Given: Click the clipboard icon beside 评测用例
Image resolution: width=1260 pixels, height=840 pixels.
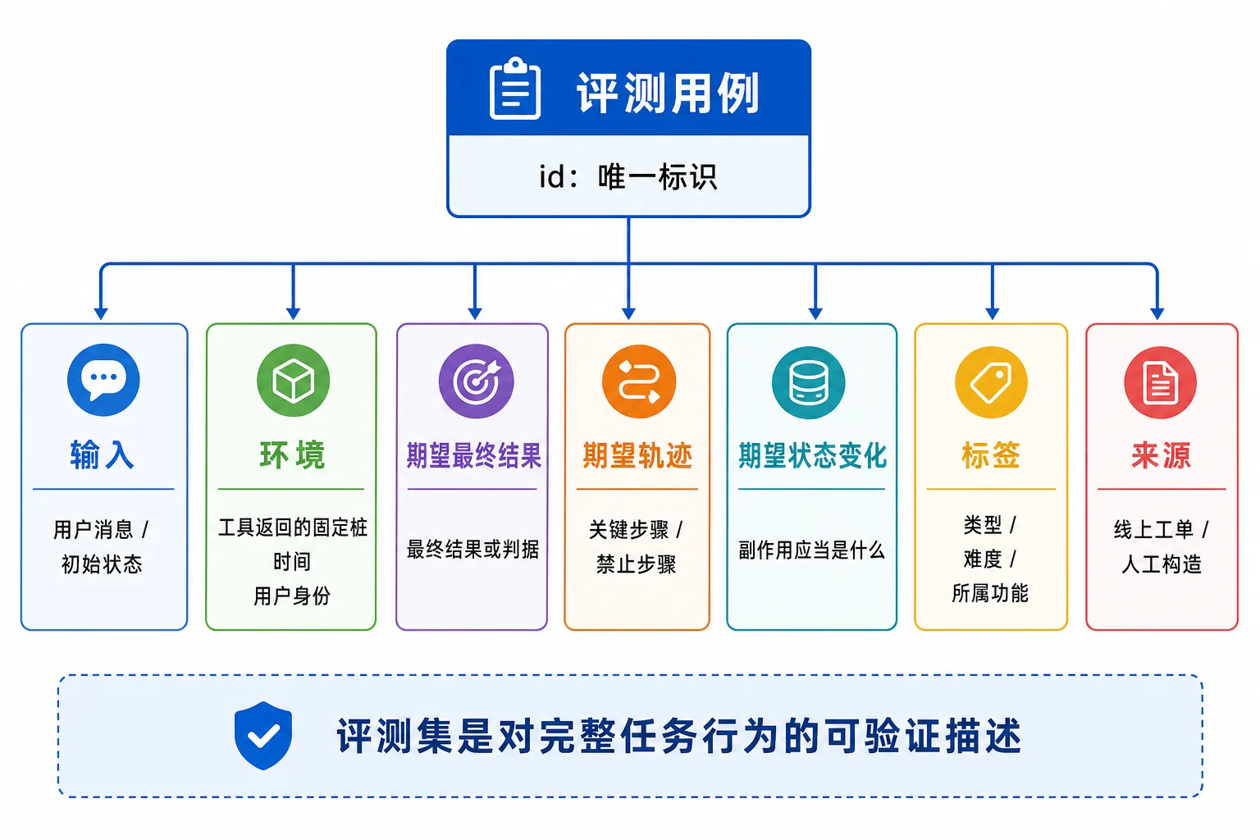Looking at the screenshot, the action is (x=514, y=89).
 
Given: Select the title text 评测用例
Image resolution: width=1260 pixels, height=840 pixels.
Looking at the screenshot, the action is (x=669, y=93).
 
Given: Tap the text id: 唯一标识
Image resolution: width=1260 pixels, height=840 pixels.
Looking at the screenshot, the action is (x=628, y=176).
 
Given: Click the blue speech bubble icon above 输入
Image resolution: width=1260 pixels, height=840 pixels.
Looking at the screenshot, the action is (x=103, y=380).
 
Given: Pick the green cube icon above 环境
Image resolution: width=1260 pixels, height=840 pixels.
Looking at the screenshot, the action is (x=293, y=381).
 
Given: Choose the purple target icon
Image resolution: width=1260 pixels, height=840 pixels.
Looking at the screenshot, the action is (x=476, y=381).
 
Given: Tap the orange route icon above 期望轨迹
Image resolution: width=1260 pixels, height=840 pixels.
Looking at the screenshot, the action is (x=639, y=381).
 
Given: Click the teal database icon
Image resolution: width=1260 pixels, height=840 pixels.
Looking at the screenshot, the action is (x=808, y=382).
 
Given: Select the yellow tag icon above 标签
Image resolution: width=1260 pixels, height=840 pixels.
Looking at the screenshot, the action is (x=991, y=382).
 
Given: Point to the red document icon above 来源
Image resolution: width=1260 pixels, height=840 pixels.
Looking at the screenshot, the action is (x=1161, y=382).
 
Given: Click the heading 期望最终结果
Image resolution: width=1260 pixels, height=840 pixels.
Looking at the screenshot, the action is (x=473, y=455).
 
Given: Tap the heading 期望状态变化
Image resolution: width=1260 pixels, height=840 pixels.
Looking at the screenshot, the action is (x=812, y=455).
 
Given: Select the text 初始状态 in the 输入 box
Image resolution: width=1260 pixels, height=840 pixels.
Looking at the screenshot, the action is (x=102, y=564).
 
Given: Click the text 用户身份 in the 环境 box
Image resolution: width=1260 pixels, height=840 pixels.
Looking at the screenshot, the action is (x=292, y=596).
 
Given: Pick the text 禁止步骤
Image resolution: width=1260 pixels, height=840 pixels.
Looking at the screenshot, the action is (x=637, y=564).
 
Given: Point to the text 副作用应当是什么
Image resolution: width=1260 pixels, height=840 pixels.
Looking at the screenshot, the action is (x=811, y=550).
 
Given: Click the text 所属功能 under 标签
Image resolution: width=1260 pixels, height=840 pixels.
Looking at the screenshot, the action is (x=990, y=593).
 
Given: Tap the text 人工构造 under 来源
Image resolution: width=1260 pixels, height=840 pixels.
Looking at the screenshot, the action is (x=1161, y=564).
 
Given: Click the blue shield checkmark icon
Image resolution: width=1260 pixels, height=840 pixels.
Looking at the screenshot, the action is (x=263, y=735).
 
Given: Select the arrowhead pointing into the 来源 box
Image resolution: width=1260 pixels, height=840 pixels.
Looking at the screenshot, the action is (x=1157, y=313).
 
